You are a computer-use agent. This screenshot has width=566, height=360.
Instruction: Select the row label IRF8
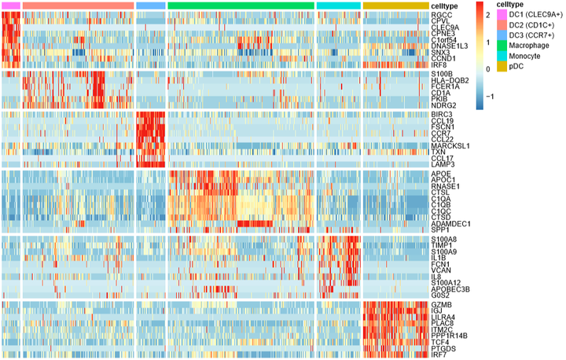coord(439,64)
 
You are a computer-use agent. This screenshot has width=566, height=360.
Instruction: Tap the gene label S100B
coord(443,75)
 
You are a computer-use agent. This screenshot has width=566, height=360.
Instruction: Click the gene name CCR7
coord(440,133)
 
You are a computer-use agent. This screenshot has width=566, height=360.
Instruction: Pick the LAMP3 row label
coord(443,163)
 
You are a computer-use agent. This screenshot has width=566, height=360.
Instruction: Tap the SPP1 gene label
coord(440,230)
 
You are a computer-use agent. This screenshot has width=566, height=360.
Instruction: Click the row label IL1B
coord(439,257)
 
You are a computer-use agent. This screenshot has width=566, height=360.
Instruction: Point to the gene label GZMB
coord(441,304)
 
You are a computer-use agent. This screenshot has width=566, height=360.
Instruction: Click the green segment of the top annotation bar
coord(241,6)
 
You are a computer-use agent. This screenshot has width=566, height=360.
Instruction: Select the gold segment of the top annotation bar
coord(396,6)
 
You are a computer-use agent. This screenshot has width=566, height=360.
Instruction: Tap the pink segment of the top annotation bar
coord(10,6)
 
